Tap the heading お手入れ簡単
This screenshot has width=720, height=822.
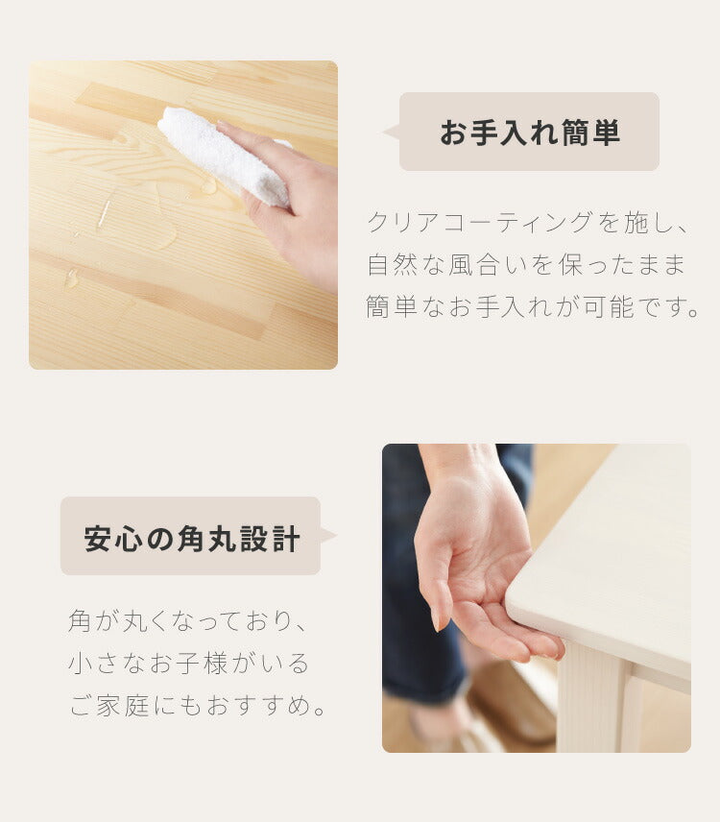(x=530, y=133)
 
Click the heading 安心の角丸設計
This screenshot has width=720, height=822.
(x=192, y=538)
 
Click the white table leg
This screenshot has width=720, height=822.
(x=593, y=698)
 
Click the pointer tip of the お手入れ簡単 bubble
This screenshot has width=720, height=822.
(x=383, y=132)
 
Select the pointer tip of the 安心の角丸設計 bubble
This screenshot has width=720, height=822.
(x=336, y=535)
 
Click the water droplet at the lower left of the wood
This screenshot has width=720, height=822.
(x=71, y=278)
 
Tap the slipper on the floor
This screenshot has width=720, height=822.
(x=511, y=704)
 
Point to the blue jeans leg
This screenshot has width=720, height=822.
(x=420, y=603)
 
